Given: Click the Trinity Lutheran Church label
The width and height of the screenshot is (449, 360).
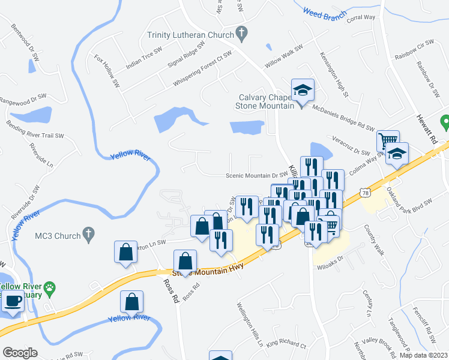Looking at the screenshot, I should point(190,35).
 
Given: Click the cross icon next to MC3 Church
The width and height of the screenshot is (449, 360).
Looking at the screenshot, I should point(89,235).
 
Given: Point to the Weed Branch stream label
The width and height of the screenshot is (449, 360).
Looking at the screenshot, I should point(325,14).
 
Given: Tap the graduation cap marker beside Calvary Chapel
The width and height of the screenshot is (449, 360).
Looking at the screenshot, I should point(303,91).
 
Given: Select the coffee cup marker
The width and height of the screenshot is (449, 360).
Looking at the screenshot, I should point(12,302).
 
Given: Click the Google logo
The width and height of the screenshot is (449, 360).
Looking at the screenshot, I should point(20,352).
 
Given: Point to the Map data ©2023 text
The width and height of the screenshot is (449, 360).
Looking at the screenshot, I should point(423,355).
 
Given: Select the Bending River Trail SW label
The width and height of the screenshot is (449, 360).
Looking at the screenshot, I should point(35,131).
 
